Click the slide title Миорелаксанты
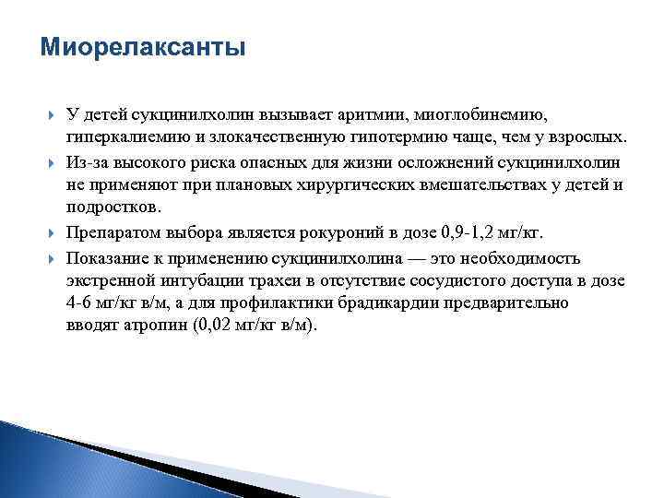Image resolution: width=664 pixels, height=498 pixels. click(x=143, y=47)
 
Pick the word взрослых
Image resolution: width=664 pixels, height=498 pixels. click(x=583, y=138)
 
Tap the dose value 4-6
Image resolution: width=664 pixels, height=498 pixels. click(x=81, y=302)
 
